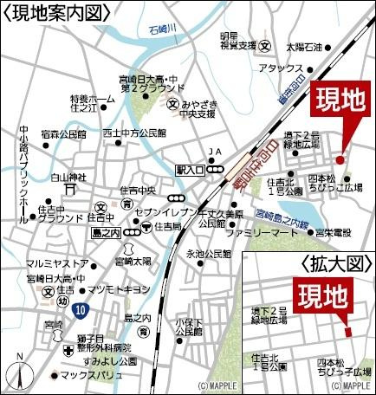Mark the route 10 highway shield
[81, 308]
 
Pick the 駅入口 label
[189, 171]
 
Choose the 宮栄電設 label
[331, 232]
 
